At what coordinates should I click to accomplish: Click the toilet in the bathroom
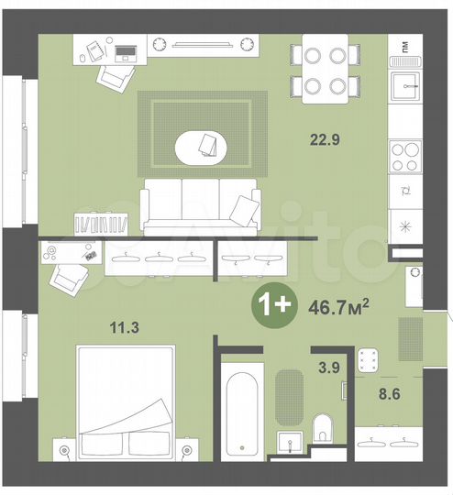coord(324,429)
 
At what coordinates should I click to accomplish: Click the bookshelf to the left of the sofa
coord(103,222)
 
